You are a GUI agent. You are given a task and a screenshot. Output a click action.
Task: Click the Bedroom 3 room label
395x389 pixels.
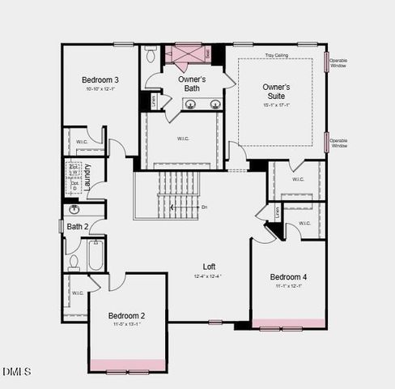click(x=100, y=79)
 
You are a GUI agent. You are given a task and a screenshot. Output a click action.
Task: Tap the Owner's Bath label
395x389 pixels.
click(x=192, y=84)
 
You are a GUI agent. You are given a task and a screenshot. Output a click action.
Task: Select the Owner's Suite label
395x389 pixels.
click(x=276, y=90)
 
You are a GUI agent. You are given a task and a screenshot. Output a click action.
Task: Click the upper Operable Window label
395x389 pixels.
click(x=339, y=62)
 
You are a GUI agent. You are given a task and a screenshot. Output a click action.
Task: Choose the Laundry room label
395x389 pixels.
click(x=87, y=176)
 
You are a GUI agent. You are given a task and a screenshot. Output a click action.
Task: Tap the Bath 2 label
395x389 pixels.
click(x=78, y=226)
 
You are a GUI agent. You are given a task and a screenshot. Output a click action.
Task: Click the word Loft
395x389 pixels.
click(x=208, y=267)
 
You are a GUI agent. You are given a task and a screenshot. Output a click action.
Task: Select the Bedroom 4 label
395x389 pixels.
click(x=288, y=276)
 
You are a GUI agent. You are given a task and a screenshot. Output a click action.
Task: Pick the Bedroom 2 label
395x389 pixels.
click(x=126, y=315)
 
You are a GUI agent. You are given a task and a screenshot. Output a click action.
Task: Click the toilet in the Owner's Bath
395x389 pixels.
click(x=151, y=54)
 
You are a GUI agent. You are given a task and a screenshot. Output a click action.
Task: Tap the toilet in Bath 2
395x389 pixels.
click(x=74, y=261)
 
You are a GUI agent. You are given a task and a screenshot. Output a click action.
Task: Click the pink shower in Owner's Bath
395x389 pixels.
click(x=183, y=53)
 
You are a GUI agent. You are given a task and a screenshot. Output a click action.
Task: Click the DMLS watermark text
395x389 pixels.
click(x=16, y=371)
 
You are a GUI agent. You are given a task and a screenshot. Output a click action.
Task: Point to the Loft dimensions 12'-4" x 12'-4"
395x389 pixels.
click(x=208, y=276)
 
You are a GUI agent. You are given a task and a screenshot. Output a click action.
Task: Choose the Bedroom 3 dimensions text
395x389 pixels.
click(x=100, y=89)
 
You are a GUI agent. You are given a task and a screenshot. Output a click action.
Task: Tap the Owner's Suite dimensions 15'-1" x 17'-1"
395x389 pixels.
click(x=276, y=104)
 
